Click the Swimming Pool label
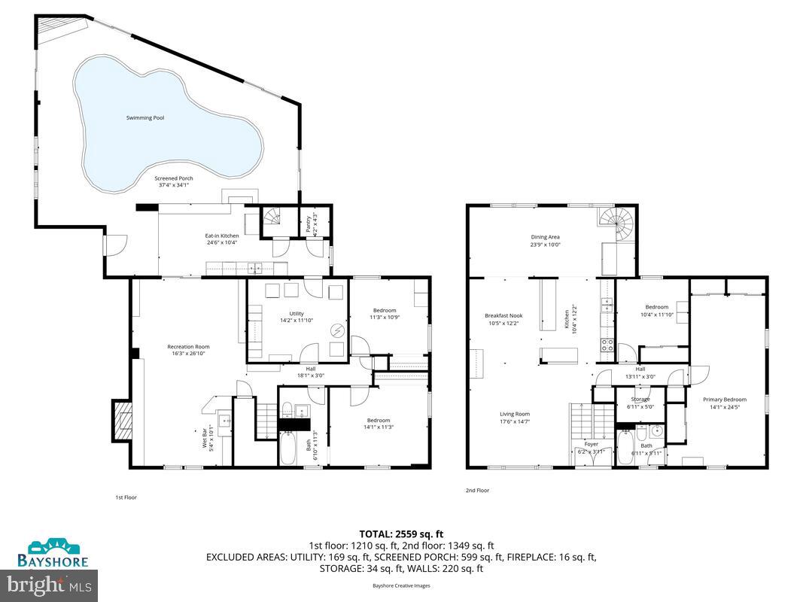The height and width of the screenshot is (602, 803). point(145,118)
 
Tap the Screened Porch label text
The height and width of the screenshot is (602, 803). point(174,181)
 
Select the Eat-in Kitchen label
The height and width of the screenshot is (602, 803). point(221,239)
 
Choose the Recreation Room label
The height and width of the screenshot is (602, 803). point(186,349)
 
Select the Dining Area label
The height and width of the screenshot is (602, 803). point(545,240)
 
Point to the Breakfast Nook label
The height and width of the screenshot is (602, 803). point(503,319)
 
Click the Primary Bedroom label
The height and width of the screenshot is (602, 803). point(724,403)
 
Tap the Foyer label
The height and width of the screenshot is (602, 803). point(592,447)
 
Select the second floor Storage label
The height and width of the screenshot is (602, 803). point(640,403)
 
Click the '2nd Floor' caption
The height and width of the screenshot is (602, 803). point(477,490)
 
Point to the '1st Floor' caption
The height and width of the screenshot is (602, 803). point(126,497)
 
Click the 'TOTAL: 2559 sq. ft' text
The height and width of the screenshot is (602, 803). point(400,534)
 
